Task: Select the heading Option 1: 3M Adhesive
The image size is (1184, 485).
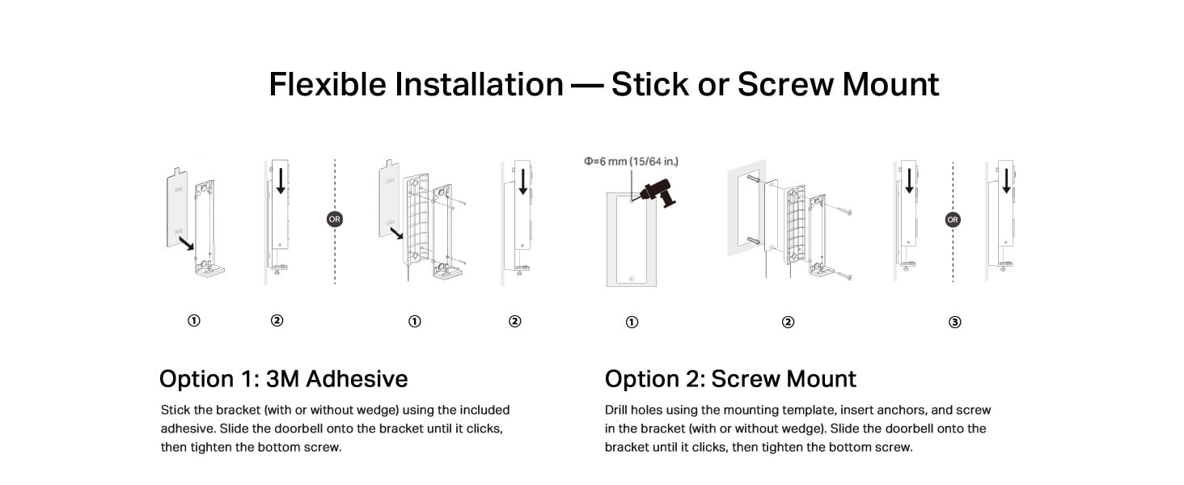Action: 283,379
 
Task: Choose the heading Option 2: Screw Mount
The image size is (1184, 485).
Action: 730,379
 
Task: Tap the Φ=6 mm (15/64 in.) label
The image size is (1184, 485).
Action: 631,162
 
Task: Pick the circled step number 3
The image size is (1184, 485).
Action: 954,322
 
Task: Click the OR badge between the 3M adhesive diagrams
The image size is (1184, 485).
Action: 334,219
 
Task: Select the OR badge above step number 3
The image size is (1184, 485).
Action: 953,219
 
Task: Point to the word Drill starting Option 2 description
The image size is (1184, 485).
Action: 619,411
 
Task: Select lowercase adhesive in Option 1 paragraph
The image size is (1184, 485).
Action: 188,428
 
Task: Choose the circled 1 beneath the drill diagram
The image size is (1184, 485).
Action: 632,322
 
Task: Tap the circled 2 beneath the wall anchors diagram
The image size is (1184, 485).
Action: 788,322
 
